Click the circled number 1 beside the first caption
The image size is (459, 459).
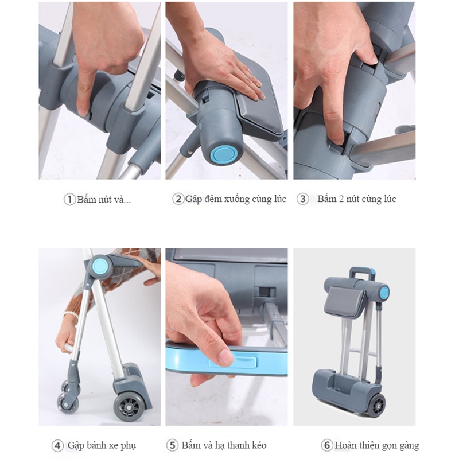[x=69, y=200]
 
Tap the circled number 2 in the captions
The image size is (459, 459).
[x=178, y=199]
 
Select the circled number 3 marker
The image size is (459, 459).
[x=303, y=199]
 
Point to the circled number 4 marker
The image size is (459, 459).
[x=57, y=446]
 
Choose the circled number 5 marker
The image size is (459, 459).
[x=172, y=446]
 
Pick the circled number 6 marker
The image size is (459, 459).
[x=327, y=446]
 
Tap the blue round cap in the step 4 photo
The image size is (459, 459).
[x=100, y=266]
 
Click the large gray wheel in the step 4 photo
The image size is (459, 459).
[x=129, y=407]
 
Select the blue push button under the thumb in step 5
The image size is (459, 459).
[x=233, y=363]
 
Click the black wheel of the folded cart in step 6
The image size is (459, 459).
[x=376, y=405]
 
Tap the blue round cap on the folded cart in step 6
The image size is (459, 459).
[x=384, y=292]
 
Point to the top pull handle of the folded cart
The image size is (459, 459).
[x=362, y=273]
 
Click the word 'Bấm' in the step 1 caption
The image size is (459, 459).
[x=87, y=199]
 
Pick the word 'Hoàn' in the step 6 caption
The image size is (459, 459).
[x=345, y=445]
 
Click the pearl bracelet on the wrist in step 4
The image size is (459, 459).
[x=71, y=315]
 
